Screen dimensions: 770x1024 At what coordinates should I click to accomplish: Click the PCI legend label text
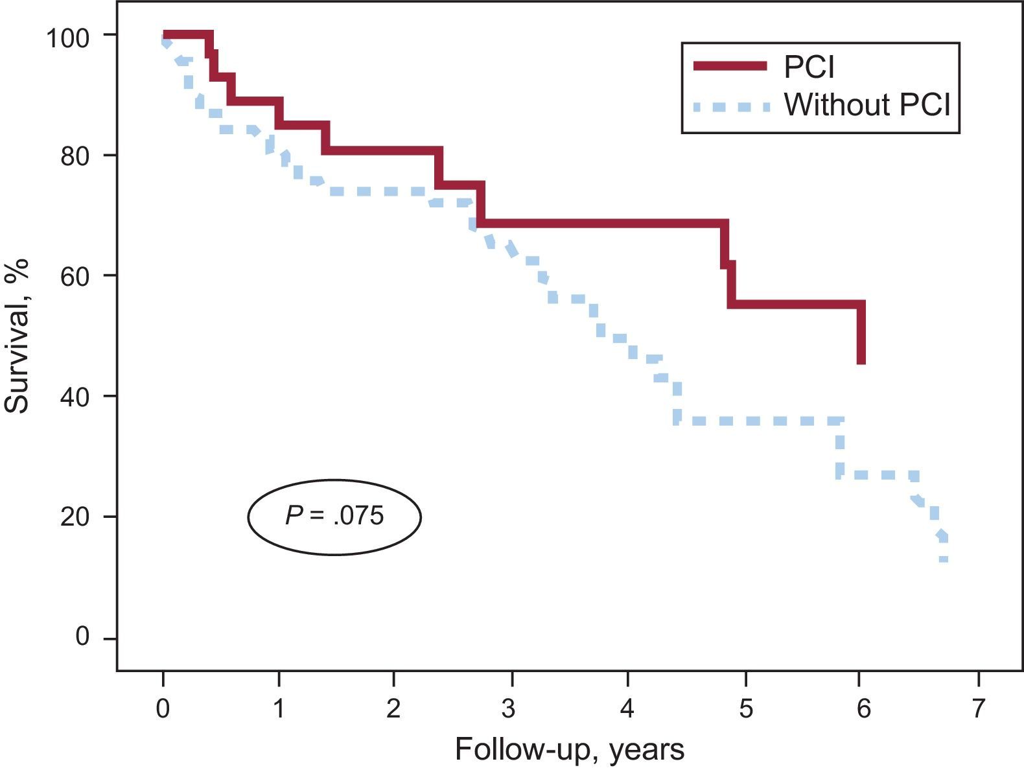[x=809, y=66]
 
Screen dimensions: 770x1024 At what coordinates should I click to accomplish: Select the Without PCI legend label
[x=867, y=104]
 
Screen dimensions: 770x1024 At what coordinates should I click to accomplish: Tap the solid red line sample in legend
[x=730, y=66]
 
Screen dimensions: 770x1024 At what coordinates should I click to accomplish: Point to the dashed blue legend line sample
[x=730, y=106]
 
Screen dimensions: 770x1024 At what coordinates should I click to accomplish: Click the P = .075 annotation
[x=334, y=517]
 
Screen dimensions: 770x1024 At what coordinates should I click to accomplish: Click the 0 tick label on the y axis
[x=82, y=637]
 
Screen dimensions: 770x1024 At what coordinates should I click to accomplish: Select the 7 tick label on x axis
[x=977, y=709]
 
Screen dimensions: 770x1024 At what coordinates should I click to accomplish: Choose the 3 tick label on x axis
[x=509, y=709]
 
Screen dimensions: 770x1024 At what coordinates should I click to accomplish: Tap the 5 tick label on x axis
[x=746, y=709]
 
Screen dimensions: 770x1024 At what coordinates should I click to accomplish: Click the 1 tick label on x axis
[x=279, y=709]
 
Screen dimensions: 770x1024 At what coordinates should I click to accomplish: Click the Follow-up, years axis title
[x=570, y=750]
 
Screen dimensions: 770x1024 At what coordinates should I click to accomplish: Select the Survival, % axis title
[x=17, y=336]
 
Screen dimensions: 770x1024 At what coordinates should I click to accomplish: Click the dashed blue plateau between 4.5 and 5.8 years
[x=758, y=421]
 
